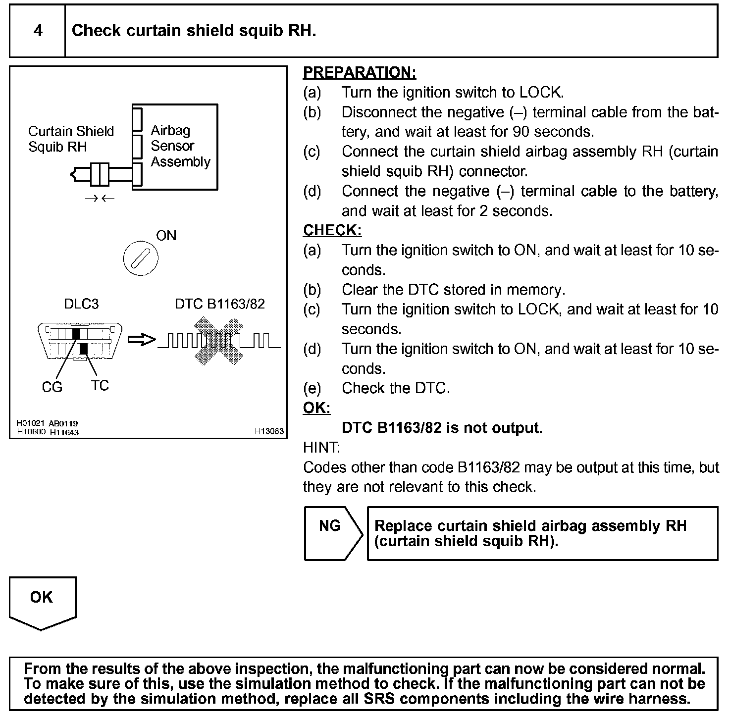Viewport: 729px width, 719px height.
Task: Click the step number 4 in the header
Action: tap(38, 31)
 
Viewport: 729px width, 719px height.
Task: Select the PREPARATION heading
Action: tap(359, 72)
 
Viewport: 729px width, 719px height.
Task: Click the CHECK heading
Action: tap(332, 230)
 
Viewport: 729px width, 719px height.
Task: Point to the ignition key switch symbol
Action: tap(141, 258)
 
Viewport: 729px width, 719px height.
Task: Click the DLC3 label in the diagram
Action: tap(81, 304)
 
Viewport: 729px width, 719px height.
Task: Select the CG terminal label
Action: tap(52, 387)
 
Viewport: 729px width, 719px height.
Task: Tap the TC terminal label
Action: tap(100, 385)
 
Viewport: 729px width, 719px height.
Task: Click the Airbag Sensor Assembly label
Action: tap(180, 146)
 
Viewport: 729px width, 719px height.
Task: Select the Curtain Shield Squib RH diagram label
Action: tap(71, 139)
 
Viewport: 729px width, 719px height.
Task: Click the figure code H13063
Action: tap(269, 431)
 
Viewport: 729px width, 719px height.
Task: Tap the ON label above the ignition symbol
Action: tap(166, 236)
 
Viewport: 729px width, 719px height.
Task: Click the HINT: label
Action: tap(321, 448)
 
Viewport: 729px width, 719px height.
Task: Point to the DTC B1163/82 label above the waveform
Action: tap(220, 304)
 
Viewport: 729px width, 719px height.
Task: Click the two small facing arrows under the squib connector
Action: tap(100, 199)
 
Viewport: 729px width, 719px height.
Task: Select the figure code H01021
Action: tap(31, 423)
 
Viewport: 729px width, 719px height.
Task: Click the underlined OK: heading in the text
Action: tap(316, 408)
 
